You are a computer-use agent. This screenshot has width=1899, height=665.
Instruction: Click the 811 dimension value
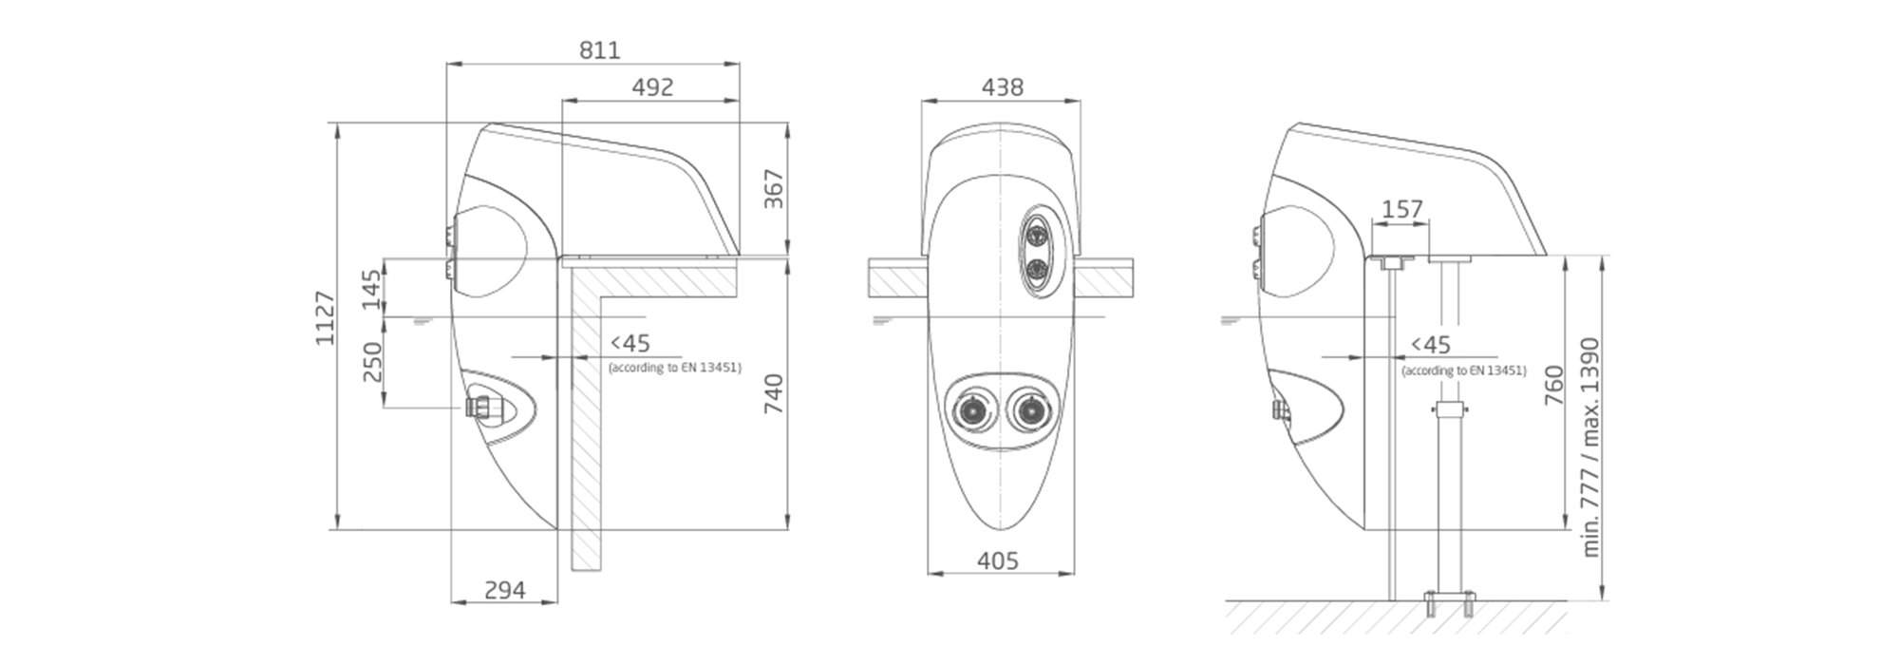(x=600, y=49)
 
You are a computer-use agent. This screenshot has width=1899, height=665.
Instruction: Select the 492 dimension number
(x=653, y=87)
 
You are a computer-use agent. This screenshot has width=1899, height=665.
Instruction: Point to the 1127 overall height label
(x=326, y=318)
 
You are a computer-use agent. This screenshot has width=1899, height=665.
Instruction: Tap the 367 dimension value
(x=775, y=189)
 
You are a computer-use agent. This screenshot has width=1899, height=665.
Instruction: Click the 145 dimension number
(x=371, y=290)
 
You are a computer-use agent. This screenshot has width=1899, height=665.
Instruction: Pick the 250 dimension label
(x=371, y=362)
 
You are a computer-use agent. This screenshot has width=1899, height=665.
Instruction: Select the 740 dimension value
(x=775, y=393)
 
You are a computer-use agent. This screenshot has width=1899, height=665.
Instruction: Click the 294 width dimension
(x=505, y=591)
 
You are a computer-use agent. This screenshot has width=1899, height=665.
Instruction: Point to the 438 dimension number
(x=1003, y=87)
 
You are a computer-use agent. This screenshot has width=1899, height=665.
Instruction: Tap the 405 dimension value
(x=998, y=561)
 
